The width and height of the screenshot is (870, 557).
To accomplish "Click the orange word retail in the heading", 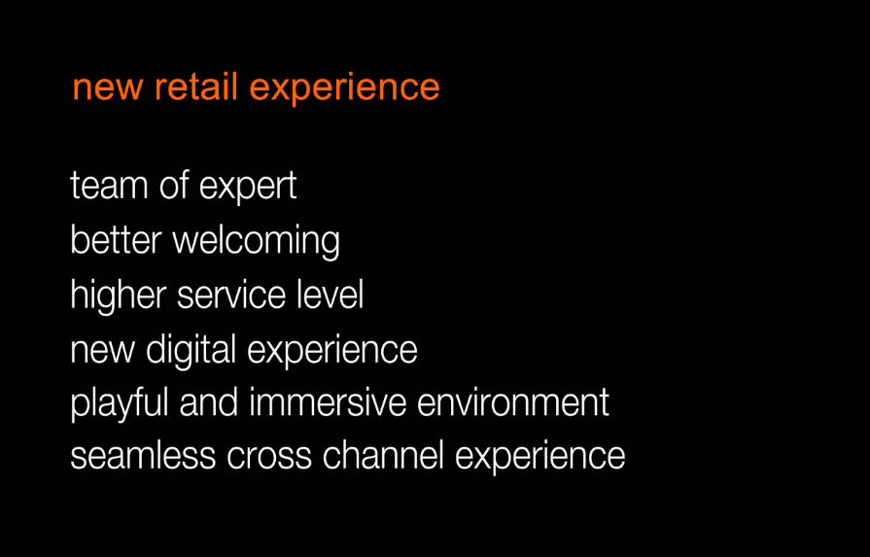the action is coord(196,87).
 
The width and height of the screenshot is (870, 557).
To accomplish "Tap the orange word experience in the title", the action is coord(344,89).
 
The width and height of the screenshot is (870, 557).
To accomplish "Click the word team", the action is coord(109,186).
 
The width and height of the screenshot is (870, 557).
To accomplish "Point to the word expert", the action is coord(248,187).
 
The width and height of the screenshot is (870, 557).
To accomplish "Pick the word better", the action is coord(116,239).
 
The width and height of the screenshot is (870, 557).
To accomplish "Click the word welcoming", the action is coord(257,242).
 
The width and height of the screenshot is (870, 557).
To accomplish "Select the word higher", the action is coord(119,296).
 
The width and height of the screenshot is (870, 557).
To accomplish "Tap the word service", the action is coord(231,295).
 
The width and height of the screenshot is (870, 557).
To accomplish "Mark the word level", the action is coord(331,294).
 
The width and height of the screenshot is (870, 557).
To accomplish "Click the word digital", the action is coord(191,351).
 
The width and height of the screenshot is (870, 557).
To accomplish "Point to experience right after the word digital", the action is coord(332,351).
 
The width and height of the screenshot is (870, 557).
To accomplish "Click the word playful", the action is coord(120,403).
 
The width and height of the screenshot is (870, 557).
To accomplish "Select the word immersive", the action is coord(328,402).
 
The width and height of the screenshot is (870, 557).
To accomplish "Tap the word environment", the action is coord(513,403).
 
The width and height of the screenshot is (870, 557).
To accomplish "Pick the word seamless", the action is coord(143,456).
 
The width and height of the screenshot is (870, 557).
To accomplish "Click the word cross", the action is coord(269,459).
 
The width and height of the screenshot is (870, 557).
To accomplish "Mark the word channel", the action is coord(383,456).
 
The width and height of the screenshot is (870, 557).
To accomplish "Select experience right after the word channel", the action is coord(539,458).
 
